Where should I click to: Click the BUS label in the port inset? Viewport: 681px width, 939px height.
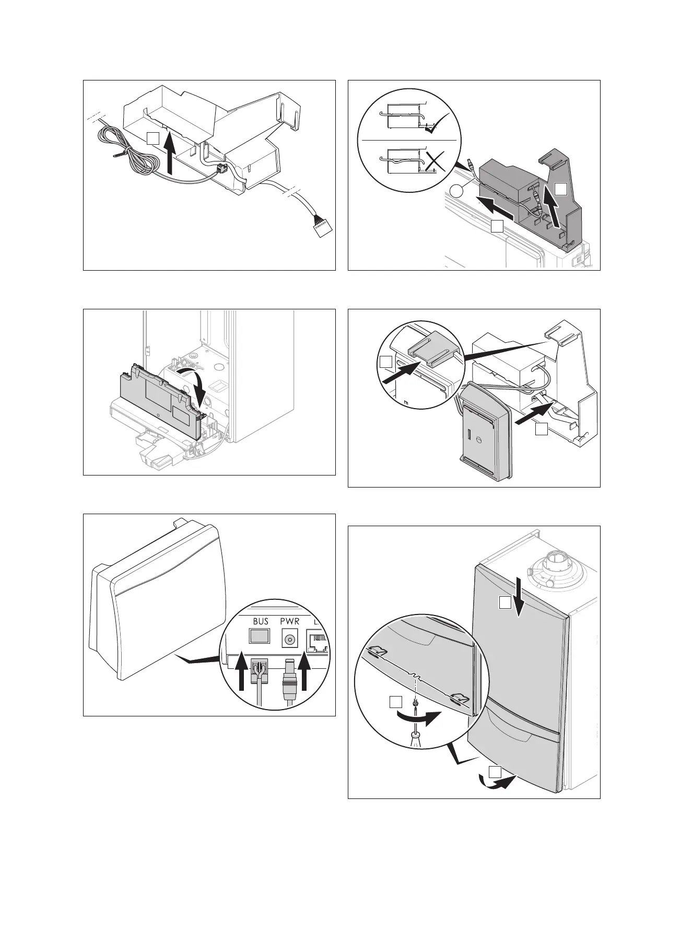pos(260,622)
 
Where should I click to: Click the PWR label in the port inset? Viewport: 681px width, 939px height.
pos(289,622)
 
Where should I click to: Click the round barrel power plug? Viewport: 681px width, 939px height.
pos(289,679)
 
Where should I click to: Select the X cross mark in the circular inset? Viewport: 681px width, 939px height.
pos(435,163)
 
